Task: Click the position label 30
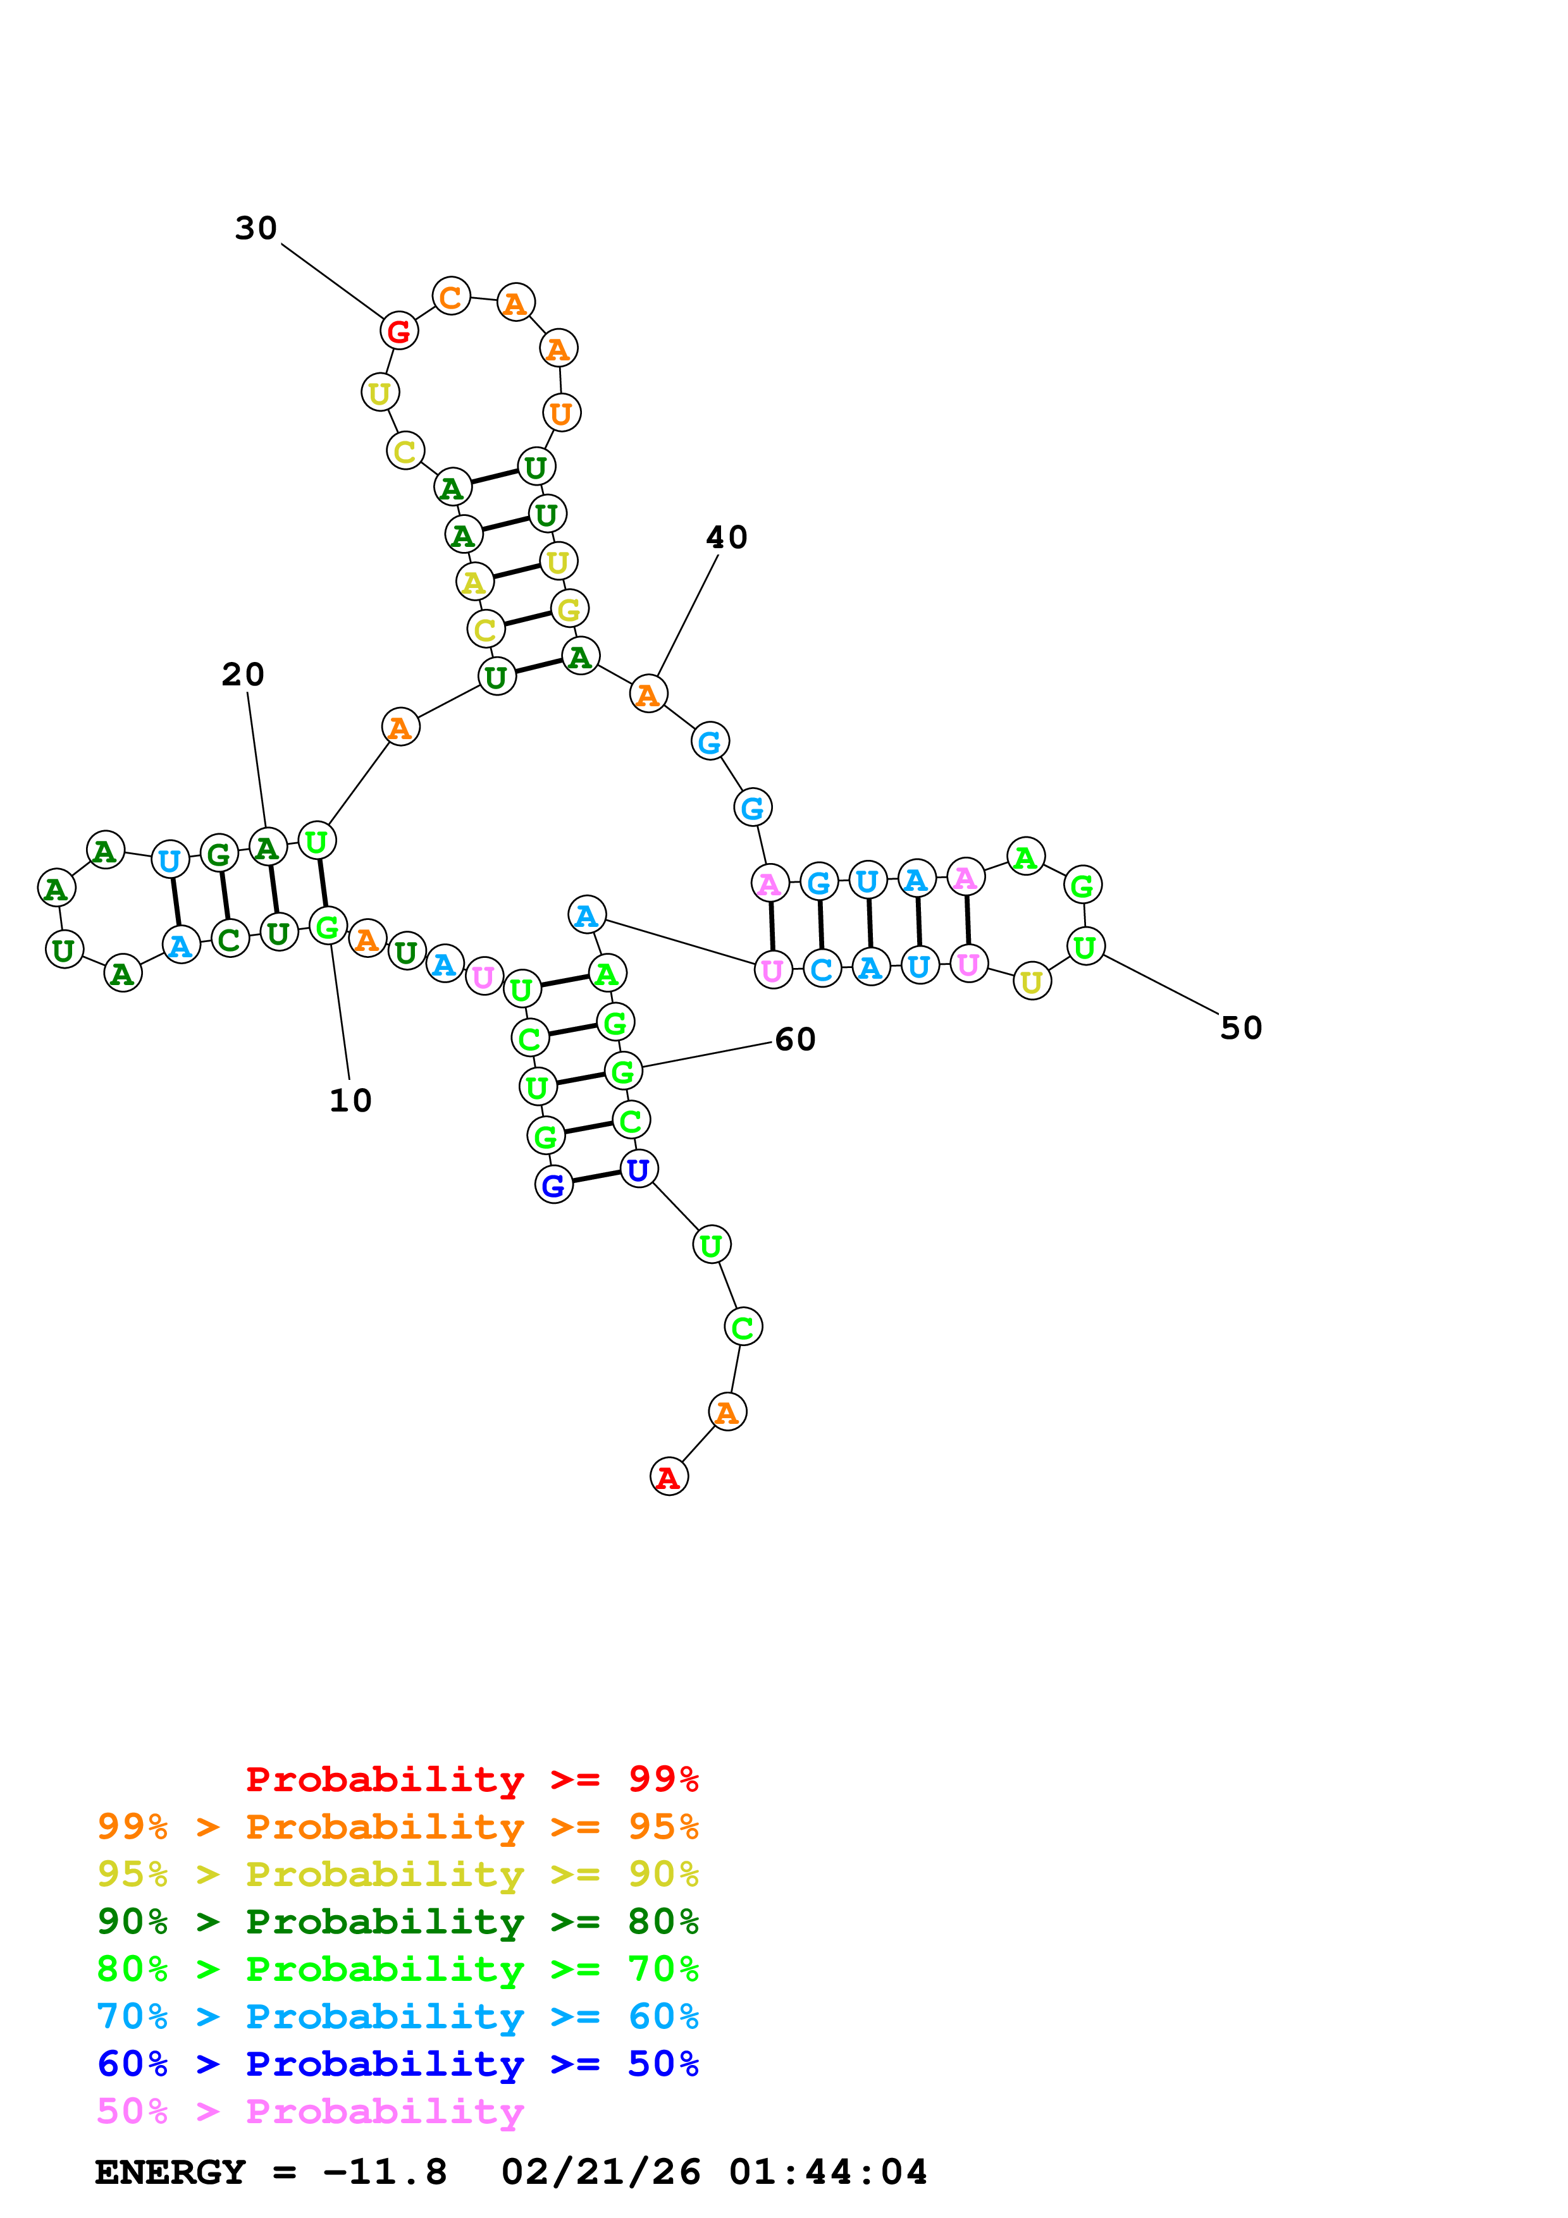(x=256, y=229)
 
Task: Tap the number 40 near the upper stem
(x=727, y=537)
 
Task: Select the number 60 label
(x=795, y=1039)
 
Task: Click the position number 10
(x=350, y=1100)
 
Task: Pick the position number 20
(x=242, y=674)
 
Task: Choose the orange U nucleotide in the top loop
(x=561, y=414)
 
